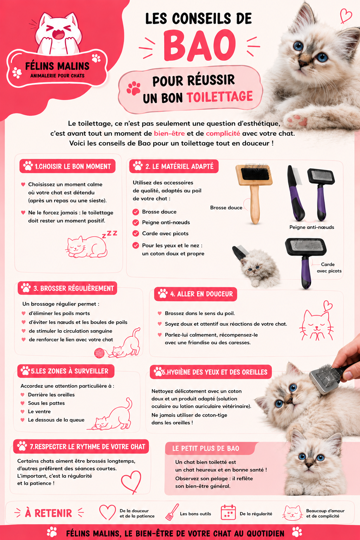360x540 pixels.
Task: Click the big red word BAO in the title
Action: [x=199, y=45]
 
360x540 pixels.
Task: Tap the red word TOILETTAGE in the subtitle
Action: [x=220, y=97]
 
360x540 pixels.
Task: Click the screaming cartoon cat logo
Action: [x=58, y=33]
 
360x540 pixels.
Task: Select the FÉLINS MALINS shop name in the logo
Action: [x=57, y=66]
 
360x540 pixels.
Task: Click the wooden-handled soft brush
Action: [x=255, y=193]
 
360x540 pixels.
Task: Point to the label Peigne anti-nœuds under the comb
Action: [x=312, y=227]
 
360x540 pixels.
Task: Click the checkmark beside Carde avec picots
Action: [x=136, y=233]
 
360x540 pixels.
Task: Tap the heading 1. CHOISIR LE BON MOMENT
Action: [x=67, y=166]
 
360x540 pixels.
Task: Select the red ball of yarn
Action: [x=99, y=353]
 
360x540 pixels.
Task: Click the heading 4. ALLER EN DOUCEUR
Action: [x=195, y=294]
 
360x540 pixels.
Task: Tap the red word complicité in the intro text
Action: [x=223, y=133]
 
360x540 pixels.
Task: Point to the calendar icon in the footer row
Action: [x=228, y=513]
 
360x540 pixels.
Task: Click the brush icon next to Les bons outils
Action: [x=172, y=512]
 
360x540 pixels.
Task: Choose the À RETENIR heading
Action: [x=49, y=513]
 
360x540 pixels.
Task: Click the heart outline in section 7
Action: [x=131, y=482]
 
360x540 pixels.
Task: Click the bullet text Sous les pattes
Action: [x=46, y=403]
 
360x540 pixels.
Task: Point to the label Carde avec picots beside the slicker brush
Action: [x=329, y=268]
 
